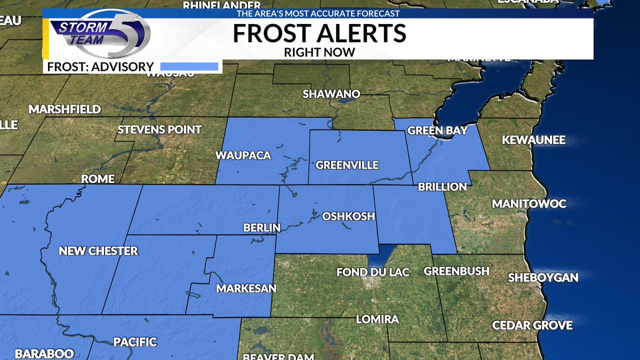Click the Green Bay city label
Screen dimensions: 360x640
tap(437, 131)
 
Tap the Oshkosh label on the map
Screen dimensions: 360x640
tap(348, 217)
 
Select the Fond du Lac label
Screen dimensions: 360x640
tap(373, 272)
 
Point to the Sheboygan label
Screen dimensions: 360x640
tap(543, 277)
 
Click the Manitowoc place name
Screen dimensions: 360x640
tap(529, 204)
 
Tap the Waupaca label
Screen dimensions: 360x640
tap(243, 156)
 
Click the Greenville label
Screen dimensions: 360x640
tap(347, 165)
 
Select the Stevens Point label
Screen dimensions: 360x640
tap(159, 130)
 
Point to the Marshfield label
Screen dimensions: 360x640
tap(65, 109)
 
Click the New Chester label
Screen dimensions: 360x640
tap(98, 251)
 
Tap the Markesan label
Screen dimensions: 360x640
tap(246, 289)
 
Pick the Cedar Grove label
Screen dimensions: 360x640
tap(532, 325)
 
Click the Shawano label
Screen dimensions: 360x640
tap(331, 94)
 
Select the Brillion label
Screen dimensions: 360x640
tap(442, 187)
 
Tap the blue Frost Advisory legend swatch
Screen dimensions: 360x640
tap(189, 67)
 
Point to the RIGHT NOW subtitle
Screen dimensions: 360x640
tap(319, 52)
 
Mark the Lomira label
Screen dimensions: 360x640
tap(377, 319)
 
